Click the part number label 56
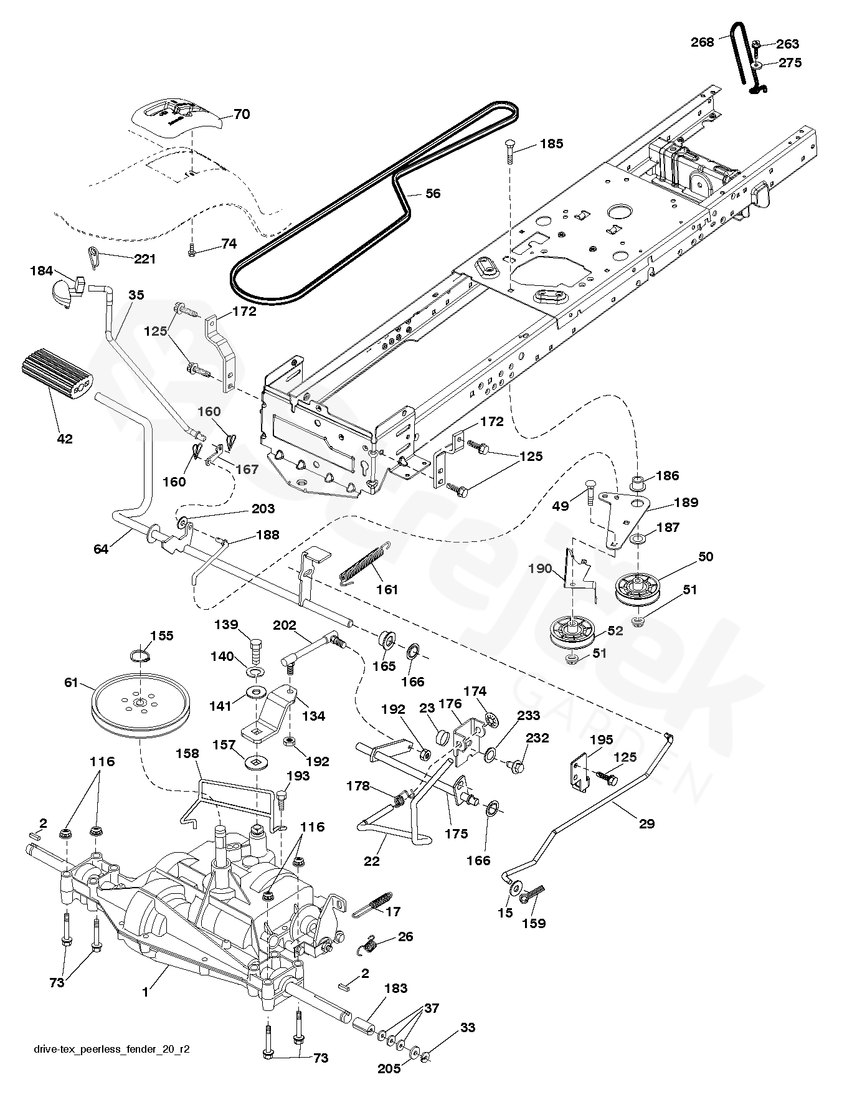point(433,194)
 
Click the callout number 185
point(551,144)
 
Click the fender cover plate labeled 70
point(179,117)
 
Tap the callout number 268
point(703,42)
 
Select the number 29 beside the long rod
point(647,823)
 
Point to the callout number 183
point(396,988)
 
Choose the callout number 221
point(144,258)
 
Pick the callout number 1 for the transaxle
point(146,993)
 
